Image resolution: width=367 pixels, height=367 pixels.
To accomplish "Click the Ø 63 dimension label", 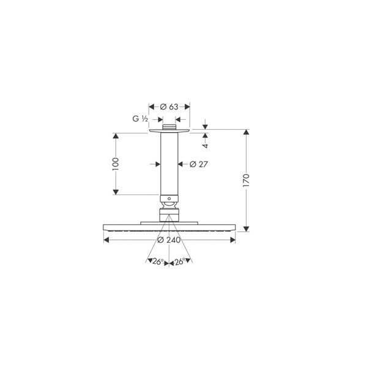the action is pyautogui.click(x=169, y=106).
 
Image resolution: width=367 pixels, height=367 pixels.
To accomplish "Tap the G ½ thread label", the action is pyautogui.click(x=140, y=119).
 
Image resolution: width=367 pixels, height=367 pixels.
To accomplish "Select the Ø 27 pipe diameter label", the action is pyautogui.click(x=198, y=165).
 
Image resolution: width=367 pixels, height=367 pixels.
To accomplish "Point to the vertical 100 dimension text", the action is pyautogui.click(x=116, y=164).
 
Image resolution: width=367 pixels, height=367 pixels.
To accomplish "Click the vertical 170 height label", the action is pyautogui.click(x=247, y=180).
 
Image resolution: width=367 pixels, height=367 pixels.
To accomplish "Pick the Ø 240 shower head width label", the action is pyautogui.click(x=169, y=240).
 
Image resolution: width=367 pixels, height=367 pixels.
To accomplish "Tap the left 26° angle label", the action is pyautogui.click(x=158, y=261).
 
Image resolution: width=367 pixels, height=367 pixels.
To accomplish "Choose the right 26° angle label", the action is pyautogui.click(x=180, y=261).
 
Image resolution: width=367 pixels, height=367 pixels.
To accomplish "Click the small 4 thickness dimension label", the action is pyautogui.click(x=206, y=146).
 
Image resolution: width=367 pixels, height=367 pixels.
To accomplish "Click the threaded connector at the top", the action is pyautogui.click(x=169, y=127).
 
